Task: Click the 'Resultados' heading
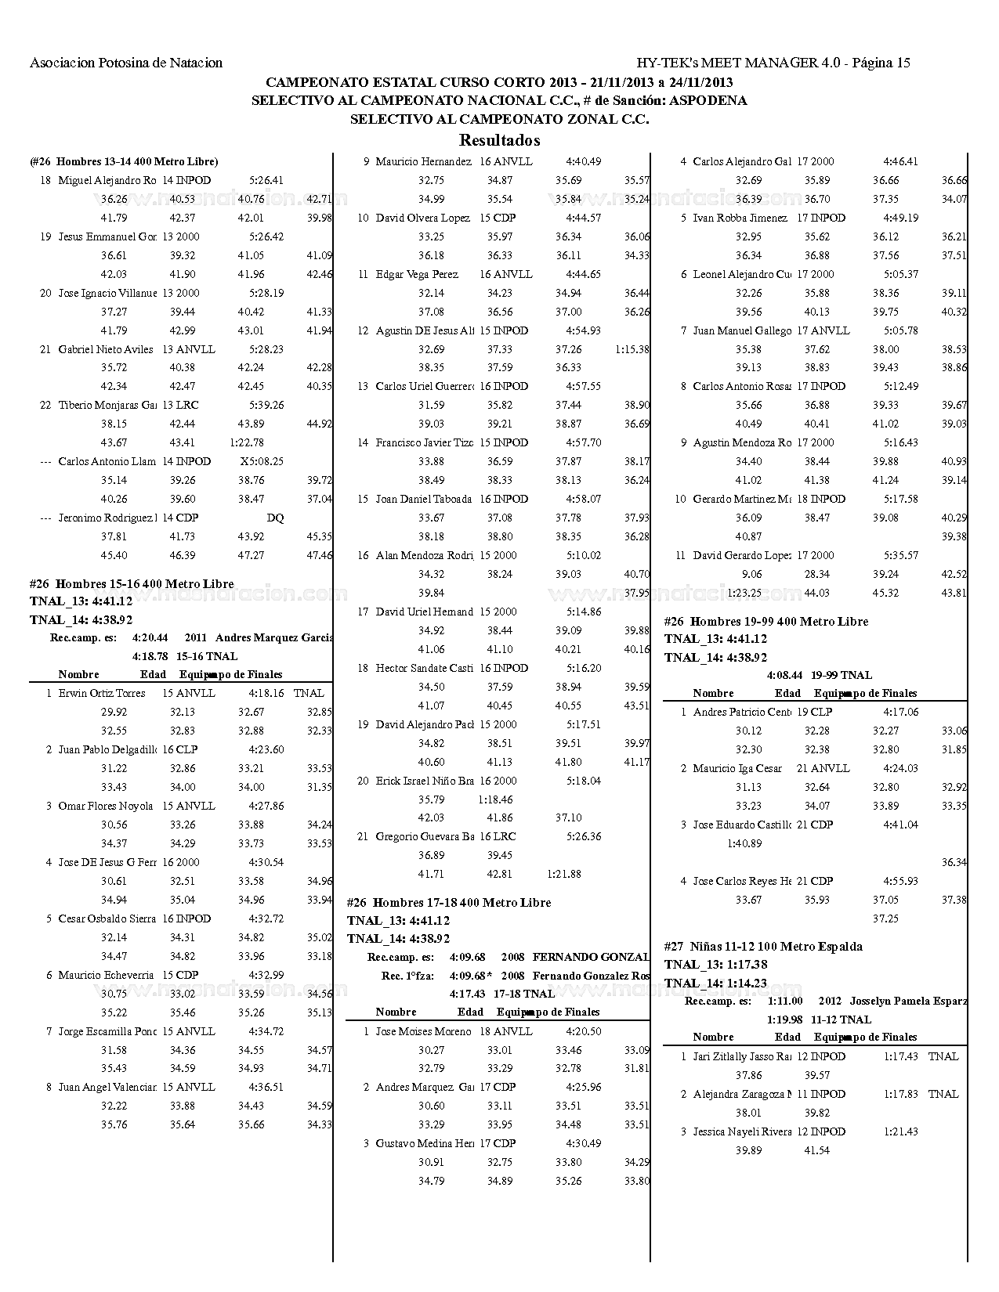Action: tap(499, 141)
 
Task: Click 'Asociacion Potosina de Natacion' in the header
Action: tap(126, 63)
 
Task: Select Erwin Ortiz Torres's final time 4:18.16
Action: tap(266, 693)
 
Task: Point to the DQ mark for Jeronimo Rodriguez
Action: tap(275, 518)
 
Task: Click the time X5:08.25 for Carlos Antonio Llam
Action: tap(262, 461)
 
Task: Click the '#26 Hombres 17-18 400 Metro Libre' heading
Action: tap(449, 903)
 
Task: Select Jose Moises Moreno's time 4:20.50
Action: tap(584, 1031)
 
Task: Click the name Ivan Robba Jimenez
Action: tap(740, 218)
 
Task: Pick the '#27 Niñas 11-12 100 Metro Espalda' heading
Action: tap(763, 947)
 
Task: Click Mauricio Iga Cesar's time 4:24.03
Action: tap(901, 768)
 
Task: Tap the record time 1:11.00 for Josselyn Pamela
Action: tap(785, 1001)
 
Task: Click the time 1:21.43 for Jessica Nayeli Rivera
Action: tap(901, 1131)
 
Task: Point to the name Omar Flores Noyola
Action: tap(106, 806)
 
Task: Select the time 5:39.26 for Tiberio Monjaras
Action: tap(266, 405)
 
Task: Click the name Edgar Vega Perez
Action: tap(417, 274)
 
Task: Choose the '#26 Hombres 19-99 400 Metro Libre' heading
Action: tap(766, 622)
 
